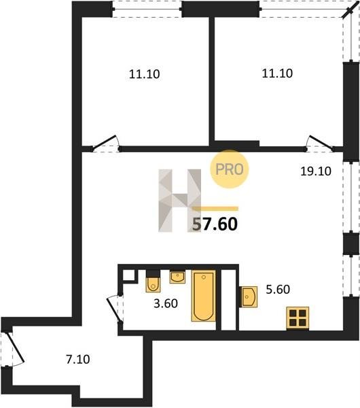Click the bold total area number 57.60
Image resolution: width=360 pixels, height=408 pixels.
[215, 224]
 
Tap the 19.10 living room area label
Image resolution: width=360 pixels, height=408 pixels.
[316, 171]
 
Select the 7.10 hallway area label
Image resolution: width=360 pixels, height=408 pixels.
[78, 360]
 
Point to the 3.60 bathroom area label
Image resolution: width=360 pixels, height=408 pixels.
[166, 303]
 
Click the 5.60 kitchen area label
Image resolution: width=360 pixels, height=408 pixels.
[278, 290]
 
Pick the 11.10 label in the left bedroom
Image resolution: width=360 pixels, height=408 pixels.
[144, 74]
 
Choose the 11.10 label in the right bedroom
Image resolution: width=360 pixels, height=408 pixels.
[277, 73]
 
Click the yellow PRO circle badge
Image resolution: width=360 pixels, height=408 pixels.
[230, 169]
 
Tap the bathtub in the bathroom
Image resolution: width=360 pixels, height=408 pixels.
[204, 296]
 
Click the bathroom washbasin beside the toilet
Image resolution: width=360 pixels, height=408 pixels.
[177, 277]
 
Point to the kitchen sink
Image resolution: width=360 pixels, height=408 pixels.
[249, 297]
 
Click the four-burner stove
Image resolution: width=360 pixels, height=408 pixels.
[298, 318]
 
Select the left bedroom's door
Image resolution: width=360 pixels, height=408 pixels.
[105, 143]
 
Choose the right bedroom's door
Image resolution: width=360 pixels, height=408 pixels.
[320, 143]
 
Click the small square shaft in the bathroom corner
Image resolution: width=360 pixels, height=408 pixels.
[128, 275]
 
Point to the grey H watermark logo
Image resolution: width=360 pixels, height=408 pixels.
[180, 201]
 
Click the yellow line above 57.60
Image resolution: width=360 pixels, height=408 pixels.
[215, 208]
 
